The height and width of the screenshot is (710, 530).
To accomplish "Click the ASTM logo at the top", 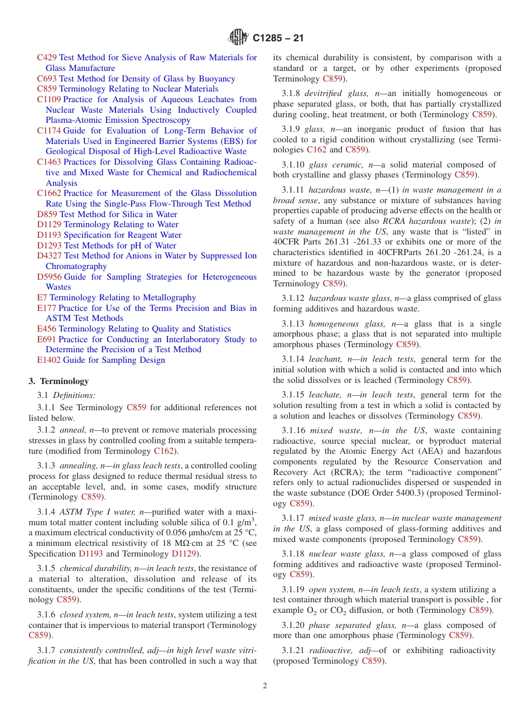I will point(238,38).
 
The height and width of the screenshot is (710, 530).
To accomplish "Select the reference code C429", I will point(47,57).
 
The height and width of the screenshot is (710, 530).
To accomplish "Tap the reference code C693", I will point(47,79).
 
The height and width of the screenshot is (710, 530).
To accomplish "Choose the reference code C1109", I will point(49,99).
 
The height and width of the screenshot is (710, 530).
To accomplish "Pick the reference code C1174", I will point(49,131).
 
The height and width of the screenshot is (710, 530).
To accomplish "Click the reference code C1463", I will point(49,162).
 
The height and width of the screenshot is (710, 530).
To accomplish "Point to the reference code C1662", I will point(49,193).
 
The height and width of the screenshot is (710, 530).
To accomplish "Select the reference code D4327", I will point(50,256).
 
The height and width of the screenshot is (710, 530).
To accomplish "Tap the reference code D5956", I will point(50,277).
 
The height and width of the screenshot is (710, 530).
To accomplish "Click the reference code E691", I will point(47,339).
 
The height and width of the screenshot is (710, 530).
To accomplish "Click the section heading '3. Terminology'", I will point(59,381).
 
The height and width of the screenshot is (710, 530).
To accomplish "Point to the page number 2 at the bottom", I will point(265,686).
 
